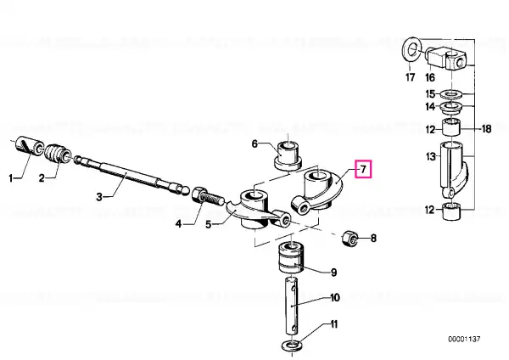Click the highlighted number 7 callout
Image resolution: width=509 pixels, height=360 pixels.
pyautogui.click(x=363, y=169)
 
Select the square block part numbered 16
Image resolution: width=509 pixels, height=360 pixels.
pyautogui.click(x=446, y=59)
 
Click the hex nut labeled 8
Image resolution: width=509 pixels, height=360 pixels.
pyautogui.click(x=350, y=239)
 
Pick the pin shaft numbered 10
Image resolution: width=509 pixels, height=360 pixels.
pyautogui.click(x=292, y=305)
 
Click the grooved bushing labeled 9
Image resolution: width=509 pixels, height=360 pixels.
pyautogui.click(x=292, y=257)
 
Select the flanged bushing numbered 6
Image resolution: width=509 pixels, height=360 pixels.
pyautogui.click(x=288, y=155)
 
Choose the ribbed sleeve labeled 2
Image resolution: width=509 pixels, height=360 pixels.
pyautogui.click(x=58, y=153)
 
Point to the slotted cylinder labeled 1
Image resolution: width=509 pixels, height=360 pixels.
pyautogui.click(x=29, y=147)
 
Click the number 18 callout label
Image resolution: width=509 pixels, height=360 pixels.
pyautogui.click(x=487, y=129)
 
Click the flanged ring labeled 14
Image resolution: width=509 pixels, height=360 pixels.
pyautogui.click(x=451, y=107)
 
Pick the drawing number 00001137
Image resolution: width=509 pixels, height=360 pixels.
pyautogui.click(x=464, y=340)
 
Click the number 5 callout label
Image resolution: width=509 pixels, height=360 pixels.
pyautogui.click(x=209, y=224)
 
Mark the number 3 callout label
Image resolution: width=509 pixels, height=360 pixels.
pyautogui.click(x=99, y=197)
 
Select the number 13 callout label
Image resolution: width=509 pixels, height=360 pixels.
pyautogui.click(x=430, y=156)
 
